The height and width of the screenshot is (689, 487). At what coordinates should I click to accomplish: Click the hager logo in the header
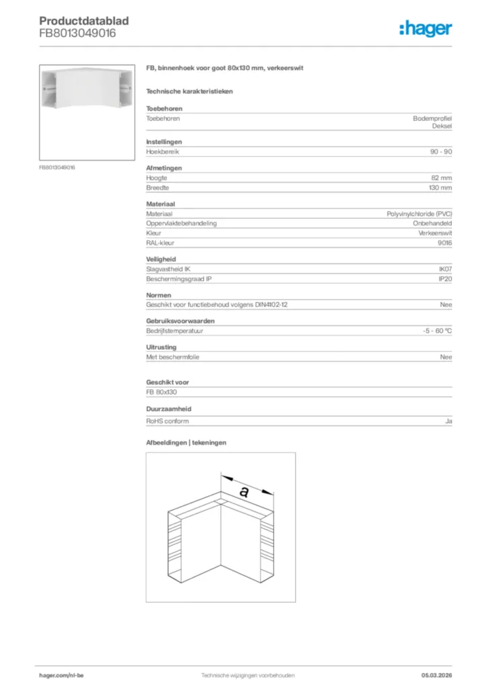425,28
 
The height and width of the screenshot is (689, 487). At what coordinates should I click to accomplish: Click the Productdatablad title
83,21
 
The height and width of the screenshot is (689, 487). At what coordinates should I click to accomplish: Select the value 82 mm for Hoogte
442,178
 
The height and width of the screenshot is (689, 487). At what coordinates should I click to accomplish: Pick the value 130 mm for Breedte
441,188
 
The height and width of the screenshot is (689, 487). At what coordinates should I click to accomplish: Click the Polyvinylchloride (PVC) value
419,213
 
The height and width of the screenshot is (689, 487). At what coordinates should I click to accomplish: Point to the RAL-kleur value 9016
445,243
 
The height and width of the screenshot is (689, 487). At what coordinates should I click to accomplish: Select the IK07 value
445,268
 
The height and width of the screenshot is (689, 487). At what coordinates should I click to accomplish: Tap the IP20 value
445,279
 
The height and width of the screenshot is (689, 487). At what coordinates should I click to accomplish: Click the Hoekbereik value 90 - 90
441,152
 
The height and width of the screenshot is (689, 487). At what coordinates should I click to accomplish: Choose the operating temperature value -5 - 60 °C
433,332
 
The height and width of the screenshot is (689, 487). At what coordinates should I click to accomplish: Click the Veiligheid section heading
161,258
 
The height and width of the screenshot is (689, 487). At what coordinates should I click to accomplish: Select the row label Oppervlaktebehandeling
182,223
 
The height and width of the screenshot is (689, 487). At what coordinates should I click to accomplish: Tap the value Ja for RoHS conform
448,421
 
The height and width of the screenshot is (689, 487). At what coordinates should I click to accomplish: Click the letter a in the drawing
243,492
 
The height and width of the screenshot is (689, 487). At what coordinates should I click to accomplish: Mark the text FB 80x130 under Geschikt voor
161,392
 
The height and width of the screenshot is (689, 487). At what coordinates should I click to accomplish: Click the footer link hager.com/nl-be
62,675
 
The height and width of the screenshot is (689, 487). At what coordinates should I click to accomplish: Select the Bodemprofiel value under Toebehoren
433,118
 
